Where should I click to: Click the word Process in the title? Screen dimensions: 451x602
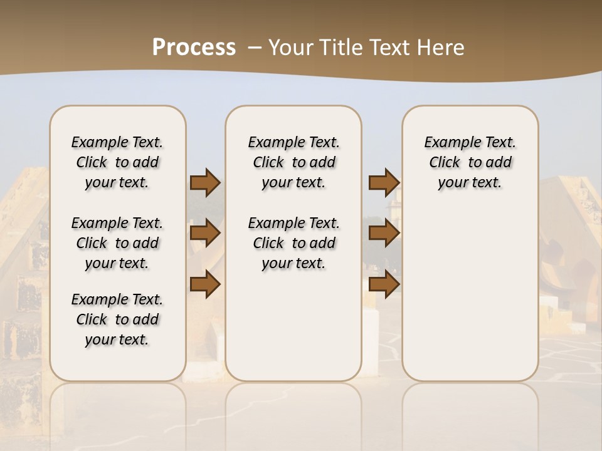tap(194, 47)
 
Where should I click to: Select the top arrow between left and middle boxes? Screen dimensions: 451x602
tap(204, 182)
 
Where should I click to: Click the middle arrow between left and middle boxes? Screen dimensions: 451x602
tap(204, 234)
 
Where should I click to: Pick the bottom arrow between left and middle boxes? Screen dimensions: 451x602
tap(204, 284)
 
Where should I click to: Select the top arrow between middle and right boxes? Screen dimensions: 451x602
tap(384, 182)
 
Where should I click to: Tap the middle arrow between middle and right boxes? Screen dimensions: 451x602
tap(384, 234)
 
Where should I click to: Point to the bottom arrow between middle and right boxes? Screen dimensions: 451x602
tap(384, 284)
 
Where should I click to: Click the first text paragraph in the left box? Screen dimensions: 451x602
tap(117, 162)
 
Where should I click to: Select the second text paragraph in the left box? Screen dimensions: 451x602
tap(117, 243)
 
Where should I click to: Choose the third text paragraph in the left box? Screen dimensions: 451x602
tap(117, 319)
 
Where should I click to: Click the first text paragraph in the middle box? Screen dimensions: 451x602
tap(293, 162)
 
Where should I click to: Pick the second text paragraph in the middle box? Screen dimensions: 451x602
tap(293, 243)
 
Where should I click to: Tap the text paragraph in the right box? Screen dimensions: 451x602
tap(470, 162)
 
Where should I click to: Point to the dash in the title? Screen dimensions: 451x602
tap(255, 48)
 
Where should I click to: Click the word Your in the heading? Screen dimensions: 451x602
tap(288, 48)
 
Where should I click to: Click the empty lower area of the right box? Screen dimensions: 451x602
tap(470, 301)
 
